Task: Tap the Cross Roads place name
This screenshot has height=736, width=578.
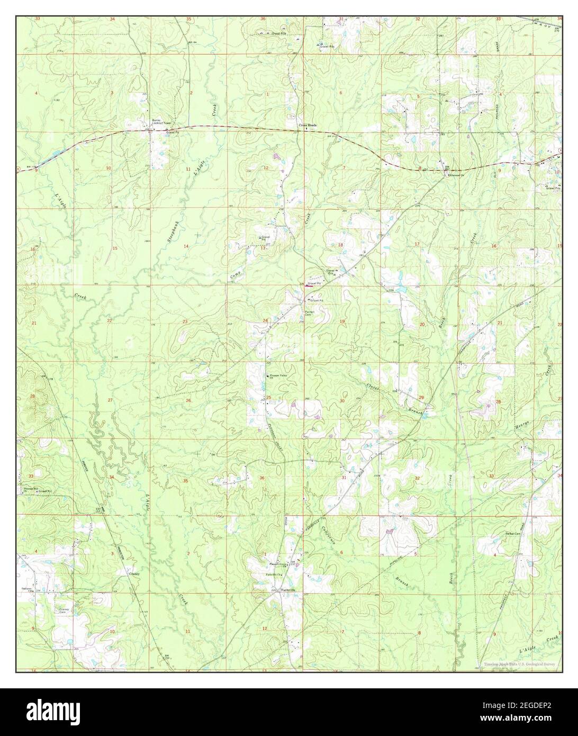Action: (x=308, y=125)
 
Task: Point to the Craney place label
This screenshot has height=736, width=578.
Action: (x=133, y=573)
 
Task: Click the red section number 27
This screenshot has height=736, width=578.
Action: (x=110, y=400)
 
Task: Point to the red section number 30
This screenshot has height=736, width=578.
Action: (x=342, y=401)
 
